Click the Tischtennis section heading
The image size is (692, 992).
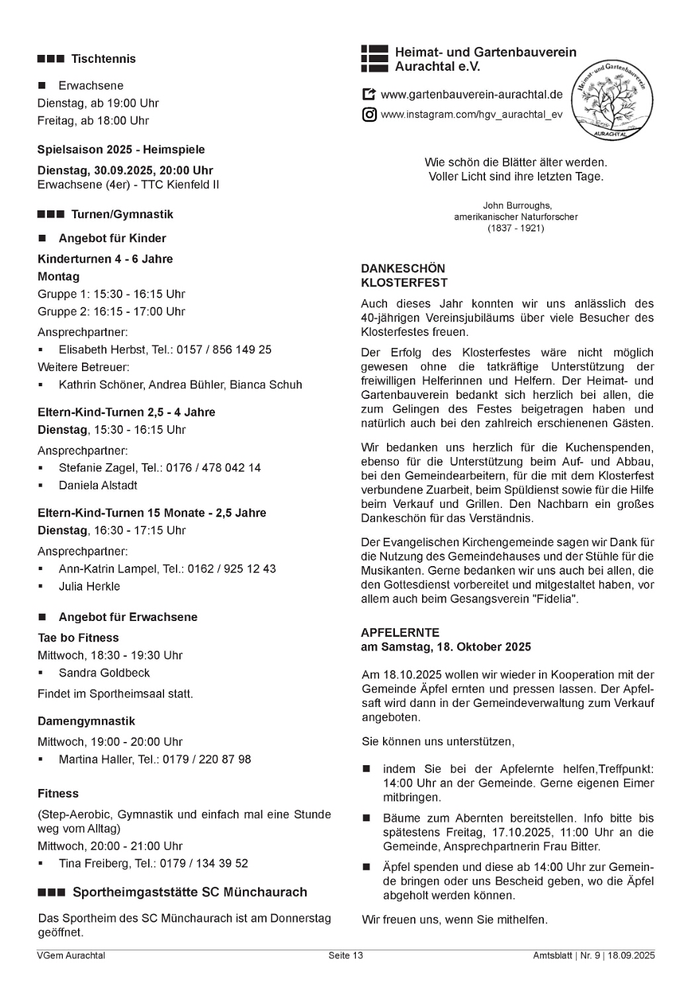[x=103, y=59]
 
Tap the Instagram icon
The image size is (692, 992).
[x=369, y=114]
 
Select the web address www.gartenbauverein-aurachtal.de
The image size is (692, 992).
[x=472, y=95]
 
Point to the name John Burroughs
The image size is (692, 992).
[x=517, y=206]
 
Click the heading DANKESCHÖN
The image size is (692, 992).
[x=403, y=269]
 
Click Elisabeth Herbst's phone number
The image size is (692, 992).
[x=224, y=350]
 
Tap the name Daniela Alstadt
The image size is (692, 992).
[x=98, y=485]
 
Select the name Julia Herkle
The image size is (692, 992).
[x=89, y=587]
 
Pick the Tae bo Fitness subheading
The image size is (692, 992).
[x=78, y=638]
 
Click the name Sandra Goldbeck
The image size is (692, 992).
[x=104, y=673]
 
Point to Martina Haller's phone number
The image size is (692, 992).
[x=213, y=760]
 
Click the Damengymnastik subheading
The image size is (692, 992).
[x=86, y=722]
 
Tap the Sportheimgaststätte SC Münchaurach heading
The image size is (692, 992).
[x=189, y=892]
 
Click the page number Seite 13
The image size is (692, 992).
[x=345, y=956]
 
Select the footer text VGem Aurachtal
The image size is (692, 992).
[x=71, y=956]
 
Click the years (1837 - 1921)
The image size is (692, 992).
[x=516, y=228]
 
